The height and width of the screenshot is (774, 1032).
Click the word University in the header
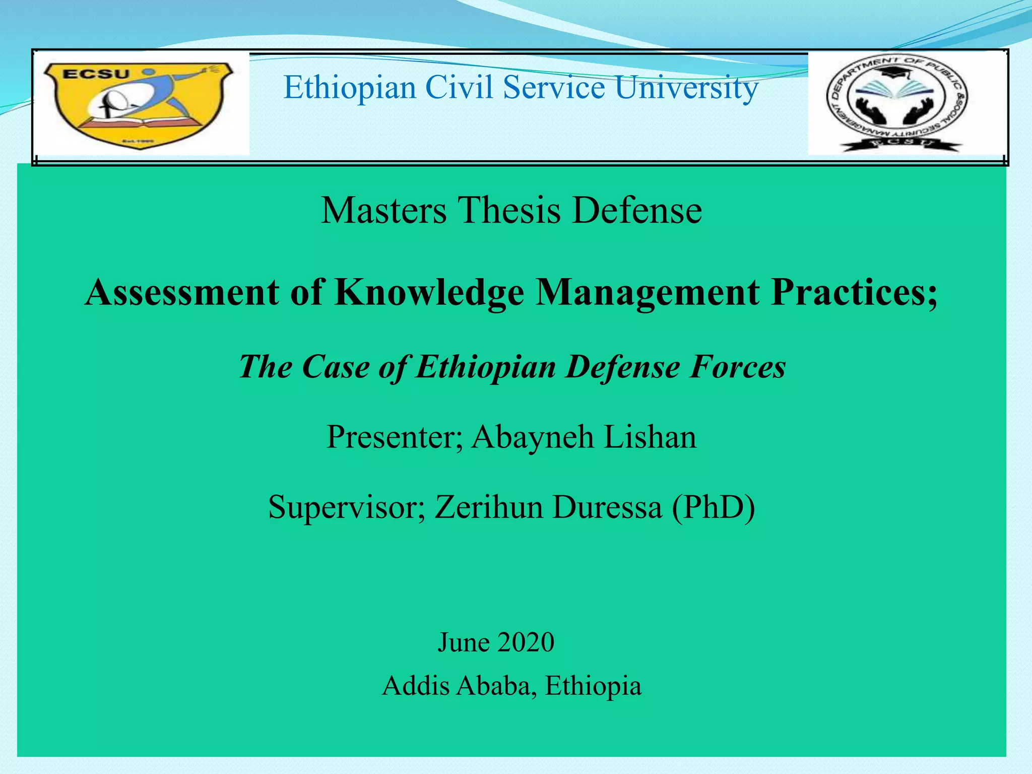tap(686, 88)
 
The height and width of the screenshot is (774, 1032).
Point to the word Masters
tap(384, 210)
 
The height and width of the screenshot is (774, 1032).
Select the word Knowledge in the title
tap(429, 293)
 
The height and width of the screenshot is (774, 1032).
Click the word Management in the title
tap(647, 293)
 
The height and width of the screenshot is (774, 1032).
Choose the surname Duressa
tap(607, 507)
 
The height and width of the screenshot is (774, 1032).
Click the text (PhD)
tap(713, 507)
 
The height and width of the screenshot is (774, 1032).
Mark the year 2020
tap(525, 642)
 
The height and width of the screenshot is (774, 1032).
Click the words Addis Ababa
tap(459, 686)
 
